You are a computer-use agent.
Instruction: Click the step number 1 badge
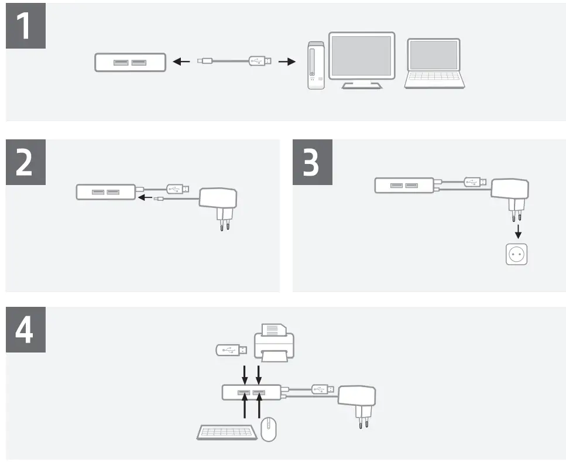tap(26, 28)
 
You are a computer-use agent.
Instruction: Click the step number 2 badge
tap(26, 163)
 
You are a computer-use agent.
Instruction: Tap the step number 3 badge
tap(313, 163)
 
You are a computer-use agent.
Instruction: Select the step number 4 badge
tap(26, 331)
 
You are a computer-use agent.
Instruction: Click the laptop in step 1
tap(434, 64)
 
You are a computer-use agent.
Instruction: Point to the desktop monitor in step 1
tap(361, 59)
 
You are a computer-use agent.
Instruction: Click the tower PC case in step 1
tap(315, 66)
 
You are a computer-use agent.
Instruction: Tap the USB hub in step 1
tap(130, 62)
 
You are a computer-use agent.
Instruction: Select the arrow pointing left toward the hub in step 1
tap(182, 61)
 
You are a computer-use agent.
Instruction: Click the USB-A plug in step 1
tap(260, 60)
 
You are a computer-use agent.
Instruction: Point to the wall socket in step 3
tap(517, 254)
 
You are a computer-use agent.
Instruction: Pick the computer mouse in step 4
tap(268, 429)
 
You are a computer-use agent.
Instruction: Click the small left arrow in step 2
tap(145, 198)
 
